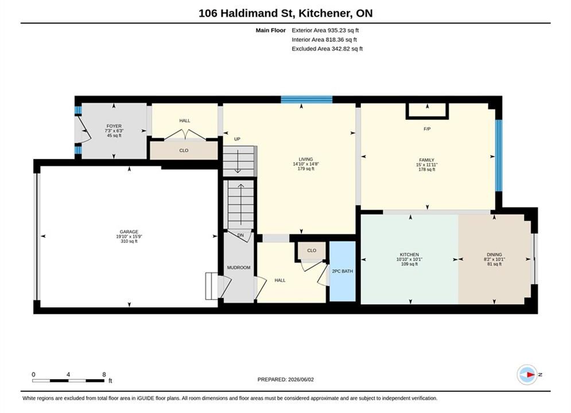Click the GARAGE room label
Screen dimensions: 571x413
click(129, 232)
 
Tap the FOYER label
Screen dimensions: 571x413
click(114, 126)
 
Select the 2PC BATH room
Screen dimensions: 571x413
click(342, 271)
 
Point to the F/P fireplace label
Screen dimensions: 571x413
click(427, 129)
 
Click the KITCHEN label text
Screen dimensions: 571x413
click(409, 254)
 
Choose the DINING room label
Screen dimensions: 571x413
click(494, 254)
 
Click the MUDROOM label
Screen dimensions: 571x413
click(239, 267)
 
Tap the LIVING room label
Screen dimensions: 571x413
click(305, 159)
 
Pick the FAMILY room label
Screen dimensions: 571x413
click(426, 159)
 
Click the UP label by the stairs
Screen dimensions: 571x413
click(237, 139)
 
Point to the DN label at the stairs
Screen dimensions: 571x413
click(240, 235)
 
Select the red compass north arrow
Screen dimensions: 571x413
click(531, 375)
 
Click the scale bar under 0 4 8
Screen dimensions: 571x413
click(68, 381)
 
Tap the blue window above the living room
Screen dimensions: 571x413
click(306, 99)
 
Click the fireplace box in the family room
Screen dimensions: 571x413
click(427, 111)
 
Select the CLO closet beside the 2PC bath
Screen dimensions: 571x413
click(312, 250)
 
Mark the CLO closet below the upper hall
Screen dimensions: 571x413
click(184, 150)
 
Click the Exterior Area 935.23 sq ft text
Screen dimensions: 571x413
click(325, 30)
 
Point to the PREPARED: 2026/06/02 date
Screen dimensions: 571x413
click(286, 379)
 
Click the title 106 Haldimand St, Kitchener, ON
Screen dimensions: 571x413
click(286, 13)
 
